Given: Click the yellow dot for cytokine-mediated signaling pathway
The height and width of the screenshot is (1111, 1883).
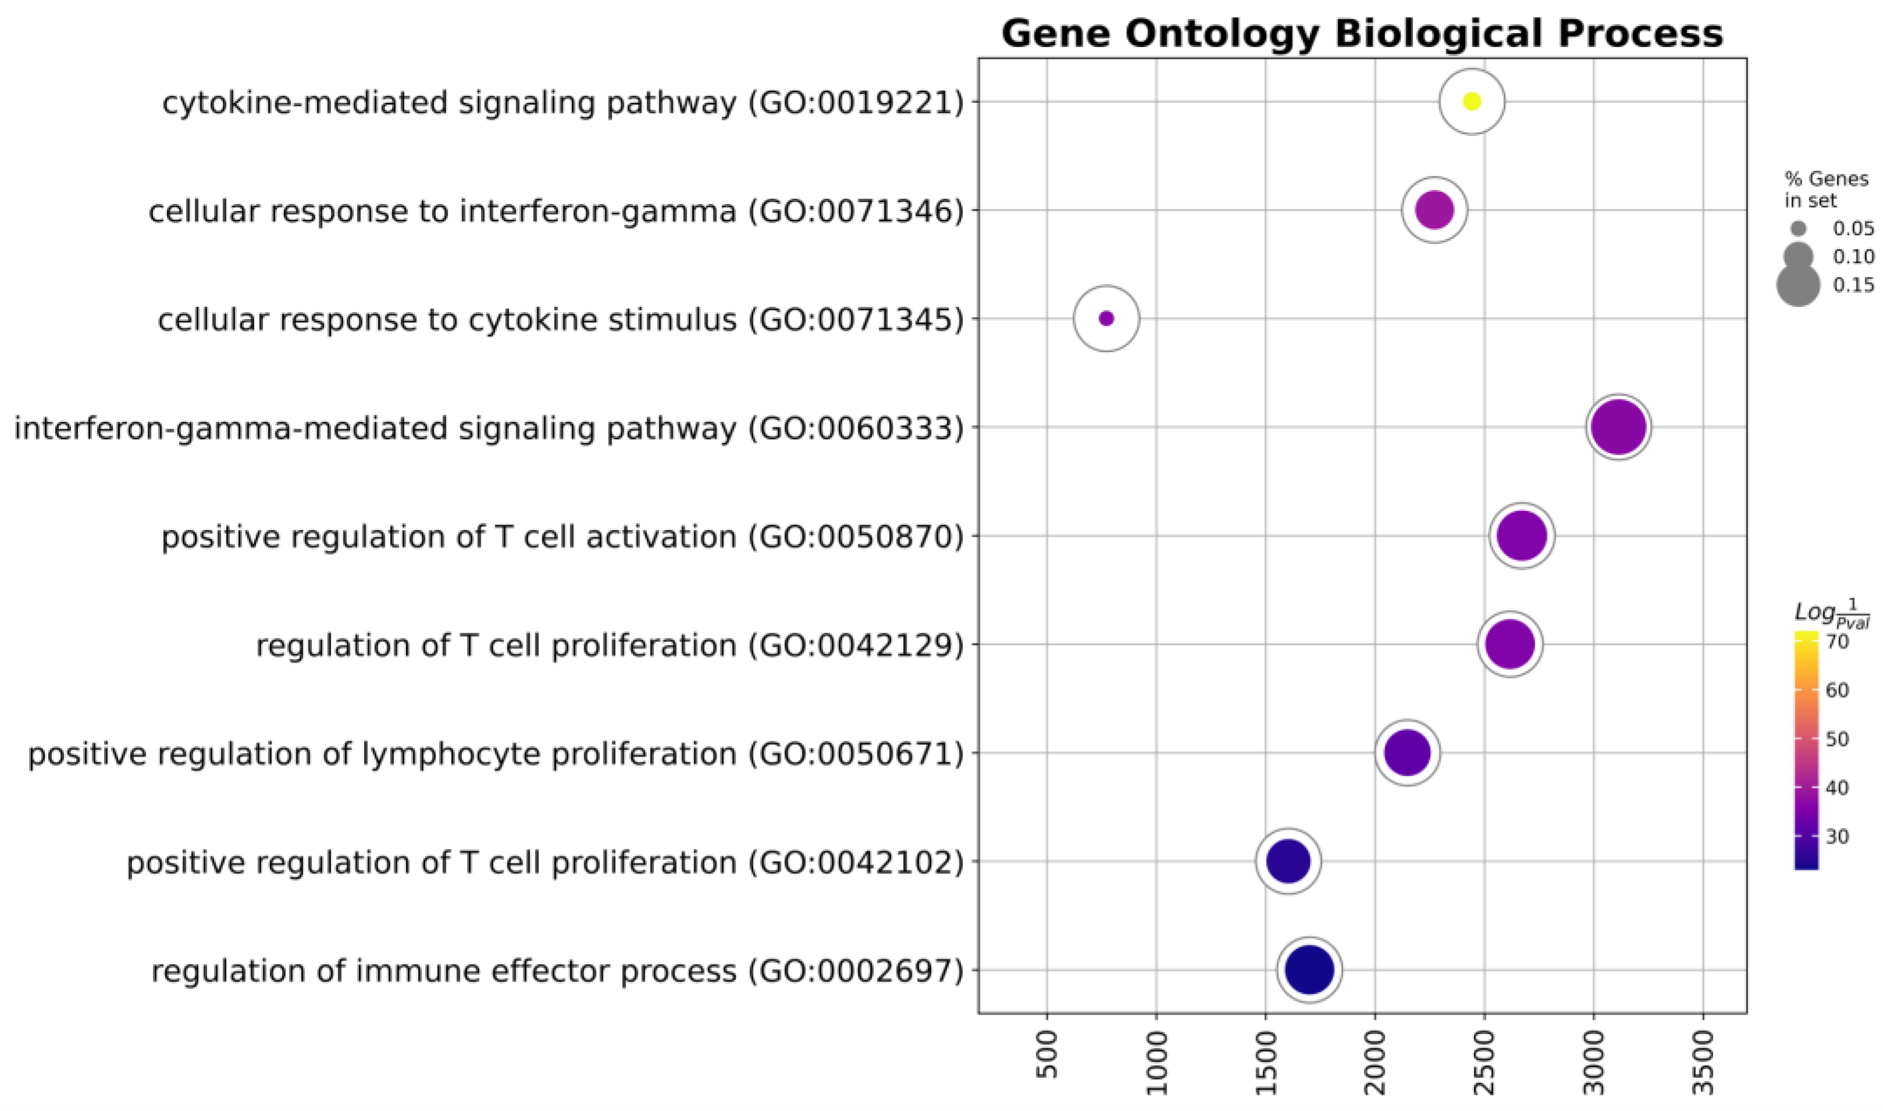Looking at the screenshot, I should [1471, 102].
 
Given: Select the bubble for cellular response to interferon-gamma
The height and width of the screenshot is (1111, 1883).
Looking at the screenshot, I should [1434, 210].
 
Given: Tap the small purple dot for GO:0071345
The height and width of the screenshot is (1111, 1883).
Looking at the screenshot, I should [1106, 319].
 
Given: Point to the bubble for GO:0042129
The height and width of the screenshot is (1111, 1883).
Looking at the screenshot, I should [1509, 644].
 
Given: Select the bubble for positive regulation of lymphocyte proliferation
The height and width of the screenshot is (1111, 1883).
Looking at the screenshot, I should [1407, 753].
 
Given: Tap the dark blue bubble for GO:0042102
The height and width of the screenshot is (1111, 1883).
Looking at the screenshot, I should [1288, 862].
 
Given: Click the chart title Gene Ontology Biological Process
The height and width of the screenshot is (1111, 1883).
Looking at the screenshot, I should [1362, 34].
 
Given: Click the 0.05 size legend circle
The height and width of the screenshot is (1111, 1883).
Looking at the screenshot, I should [1798, 229].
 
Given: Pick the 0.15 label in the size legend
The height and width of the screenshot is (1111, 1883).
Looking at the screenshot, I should [1853, 285].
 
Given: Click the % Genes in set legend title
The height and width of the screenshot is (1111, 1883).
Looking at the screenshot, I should [1825, 189].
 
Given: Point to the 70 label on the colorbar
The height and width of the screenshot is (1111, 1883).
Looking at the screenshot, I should [1837, 642].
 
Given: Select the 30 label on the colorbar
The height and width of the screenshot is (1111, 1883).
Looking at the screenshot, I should [1837, 836].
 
